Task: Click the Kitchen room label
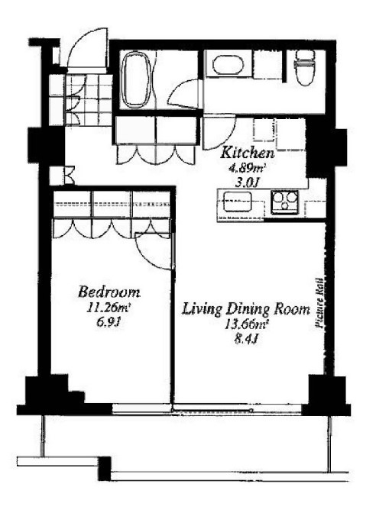pos(247,153)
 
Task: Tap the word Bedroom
pos(109,292)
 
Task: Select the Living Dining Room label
pos(246,309)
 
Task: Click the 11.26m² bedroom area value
pos(109,308)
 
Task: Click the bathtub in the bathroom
pos(135,80)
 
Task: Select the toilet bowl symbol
pos(305,68)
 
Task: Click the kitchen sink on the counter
pos(238,202)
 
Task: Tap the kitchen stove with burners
pos(285,202)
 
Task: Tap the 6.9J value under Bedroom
pos(109,323)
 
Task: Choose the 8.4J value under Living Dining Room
pos(246,339)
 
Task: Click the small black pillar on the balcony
pos(105,468)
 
